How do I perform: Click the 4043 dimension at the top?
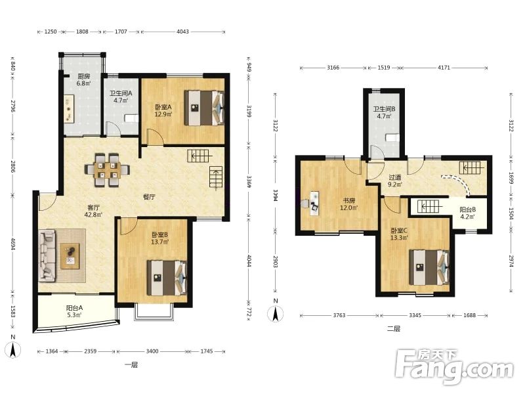(x=182, y=32)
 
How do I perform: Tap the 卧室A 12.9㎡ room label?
(x=163, y=110)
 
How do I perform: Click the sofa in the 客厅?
(x=47, y=255)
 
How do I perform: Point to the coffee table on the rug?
(x=70, y=256)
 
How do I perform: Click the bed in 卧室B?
(x=167, y=278)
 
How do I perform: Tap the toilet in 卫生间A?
(x=131, y=118)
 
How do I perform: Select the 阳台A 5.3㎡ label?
(x=74, y=311)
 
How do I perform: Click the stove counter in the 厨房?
(x=69, y=109)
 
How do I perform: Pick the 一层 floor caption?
(x=131, y=365)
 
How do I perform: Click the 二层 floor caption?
(x=394, y=329)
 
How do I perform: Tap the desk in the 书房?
(x=314, y=203)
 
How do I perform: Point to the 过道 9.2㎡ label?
(x=395, y=180)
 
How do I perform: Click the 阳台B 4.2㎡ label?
(x=467, y=213)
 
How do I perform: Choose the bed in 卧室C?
(x=429, y=267)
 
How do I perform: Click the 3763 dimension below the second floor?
(x=339, y=315)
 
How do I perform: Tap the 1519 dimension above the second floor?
(x=384, y=68)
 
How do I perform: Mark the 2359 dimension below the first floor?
(x=90, y=351)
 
